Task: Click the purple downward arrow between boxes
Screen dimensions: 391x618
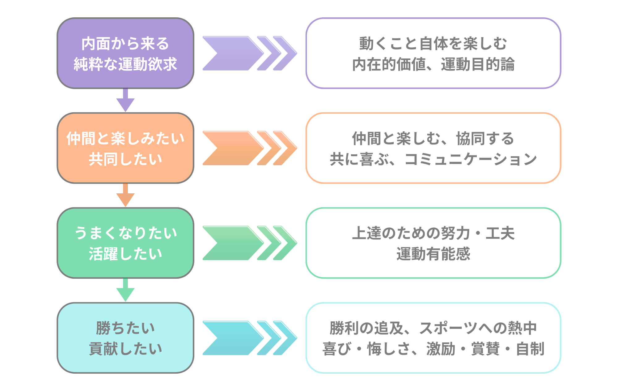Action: [x=125, y=101]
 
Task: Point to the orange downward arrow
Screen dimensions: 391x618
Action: [x=125, y=196]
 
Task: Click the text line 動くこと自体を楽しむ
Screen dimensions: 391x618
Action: [x=433, y=43]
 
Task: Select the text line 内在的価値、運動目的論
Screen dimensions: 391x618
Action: [x=433, y=64]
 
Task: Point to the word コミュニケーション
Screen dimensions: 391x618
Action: [x=471, y=159]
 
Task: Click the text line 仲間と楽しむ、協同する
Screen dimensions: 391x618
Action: [x=433, y=138]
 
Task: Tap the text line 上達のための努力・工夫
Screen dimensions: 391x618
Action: [x=433, y=233]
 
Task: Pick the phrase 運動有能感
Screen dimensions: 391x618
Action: [x=433, y=254]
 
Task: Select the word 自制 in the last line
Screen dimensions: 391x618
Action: [x=530, y=349]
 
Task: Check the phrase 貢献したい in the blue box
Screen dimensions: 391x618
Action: [x=125, y=349]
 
